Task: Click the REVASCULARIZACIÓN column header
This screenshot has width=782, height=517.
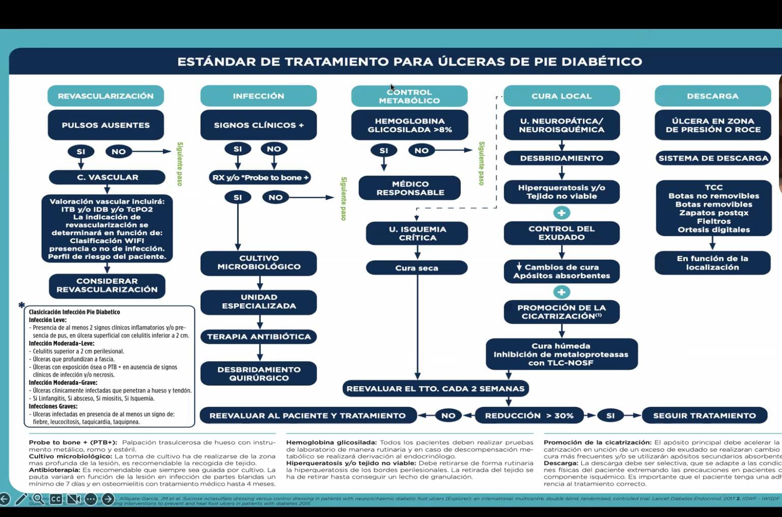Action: point(105,96)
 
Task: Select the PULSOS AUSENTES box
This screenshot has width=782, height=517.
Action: point(105,125)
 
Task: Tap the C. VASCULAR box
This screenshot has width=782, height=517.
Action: point(107,177)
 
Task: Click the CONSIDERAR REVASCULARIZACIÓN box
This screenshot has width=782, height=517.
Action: point(107,285)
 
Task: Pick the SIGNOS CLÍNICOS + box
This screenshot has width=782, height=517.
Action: point(258,125)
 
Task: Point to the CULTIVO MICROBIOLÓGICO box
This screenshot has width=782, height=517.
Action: point(259,263)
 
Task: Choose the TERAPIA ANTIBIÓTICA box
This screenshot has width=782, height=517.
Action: point(259,337)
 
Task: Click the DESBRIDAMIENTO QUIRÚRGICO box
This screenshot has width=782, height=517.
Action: point(259,374)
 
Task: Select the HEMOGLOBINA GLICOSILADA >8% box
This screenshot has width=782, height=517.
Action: point(409,125)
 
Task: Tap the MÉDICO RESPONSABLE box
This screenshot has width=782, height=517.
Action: point(410,188)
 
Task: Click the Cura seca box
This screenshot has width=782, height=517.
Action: point(416,268)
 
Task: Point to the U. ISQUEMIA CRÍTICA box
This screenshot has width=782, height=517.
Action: point(417,234)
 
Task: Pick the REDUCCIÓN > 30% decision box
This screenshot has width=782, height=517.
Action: point(529,416)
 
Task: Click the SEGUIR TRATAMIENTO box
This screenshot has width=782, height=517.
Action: point(704,416)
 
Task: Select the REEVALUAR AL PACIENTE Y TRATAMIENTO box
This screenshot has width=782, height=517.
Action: point(308,416)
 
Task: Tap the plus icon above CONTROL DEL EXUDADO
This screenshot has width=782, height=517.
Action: point(562,213)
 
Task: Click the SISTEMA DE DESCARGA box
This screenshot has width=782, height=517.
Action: point(713,158)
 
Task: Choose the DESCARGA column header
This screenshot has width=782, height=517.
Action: point(712,96)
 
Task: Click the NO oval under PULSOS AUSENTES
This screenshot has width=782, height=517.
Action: point(119,152)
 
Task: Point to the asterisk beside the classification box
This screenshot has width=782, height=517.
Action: point(21,305)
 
